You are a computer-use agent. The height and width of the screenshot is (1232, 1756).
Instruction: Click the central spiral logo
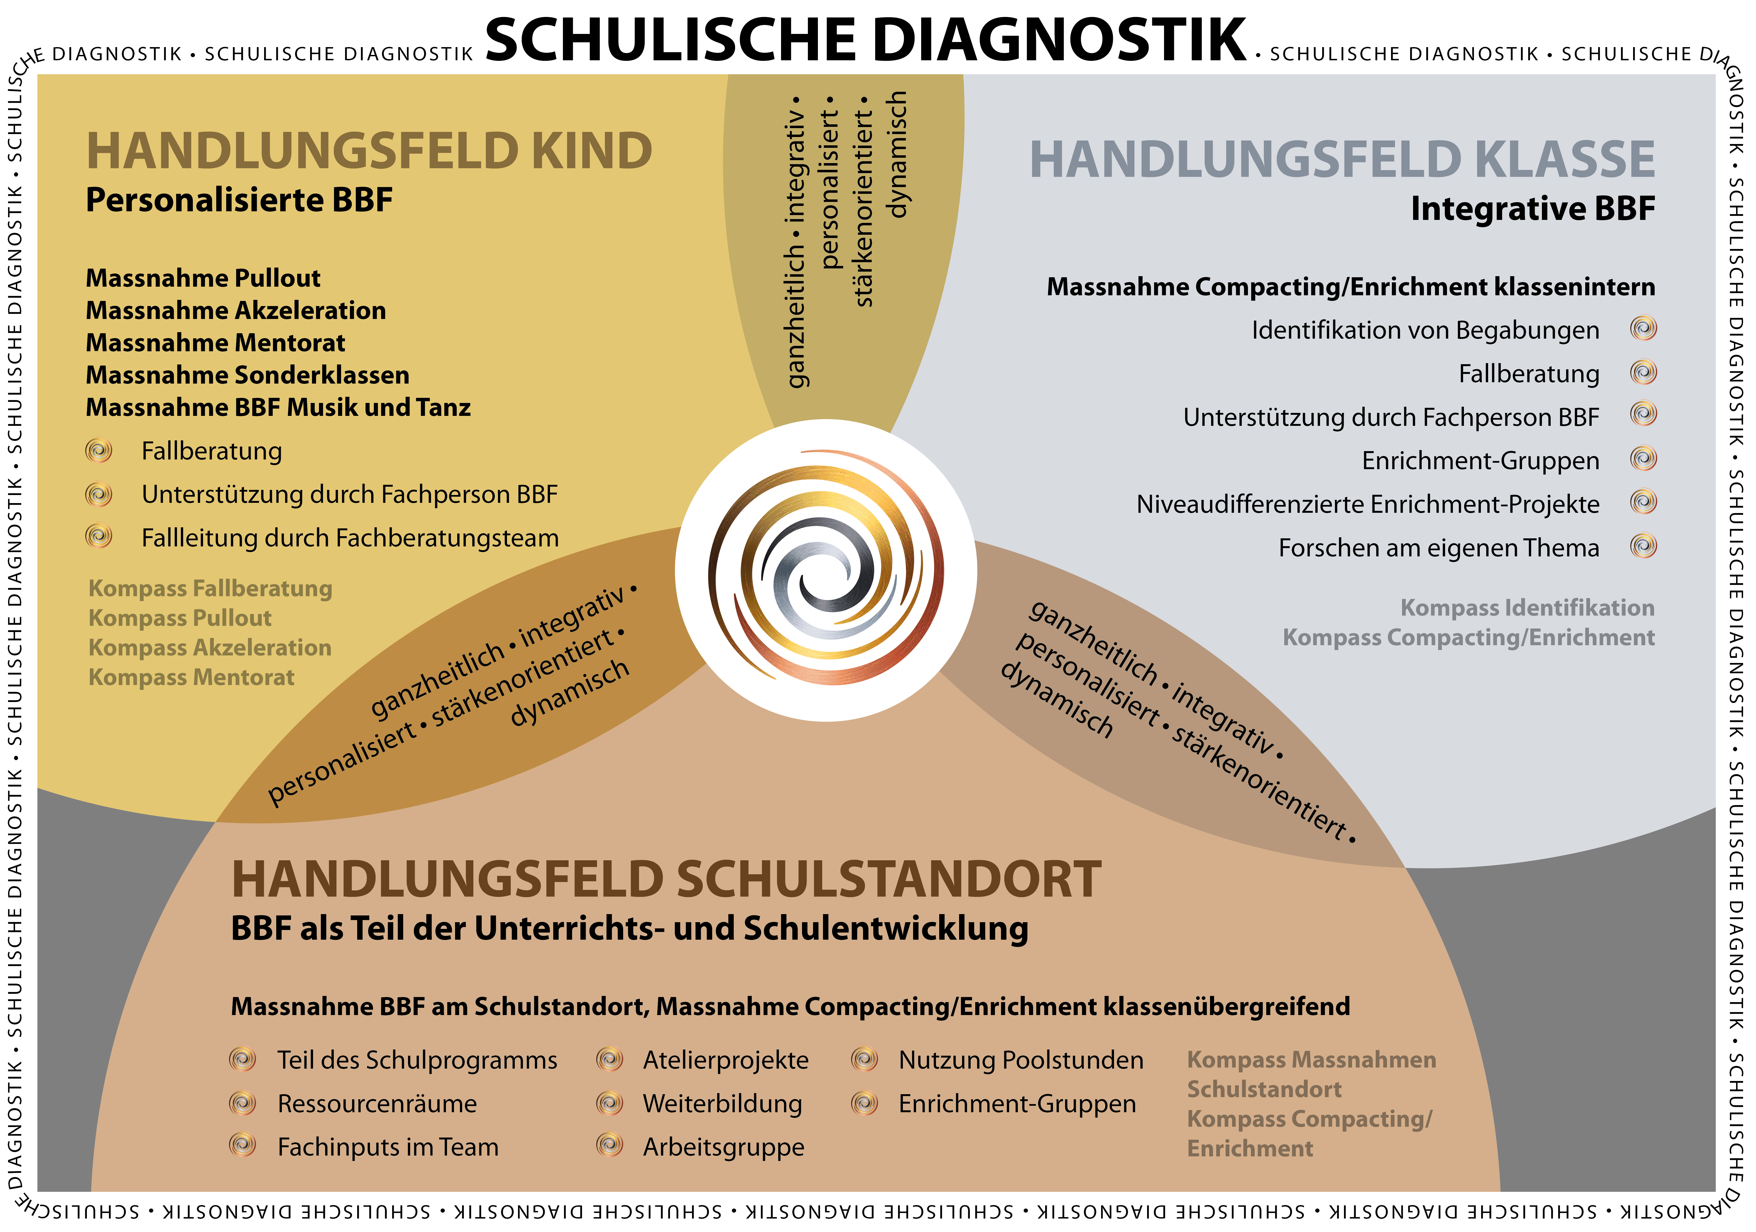826,570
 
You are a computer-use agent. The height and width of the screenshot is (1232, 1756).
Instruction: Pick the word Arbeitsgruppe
723,1147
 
